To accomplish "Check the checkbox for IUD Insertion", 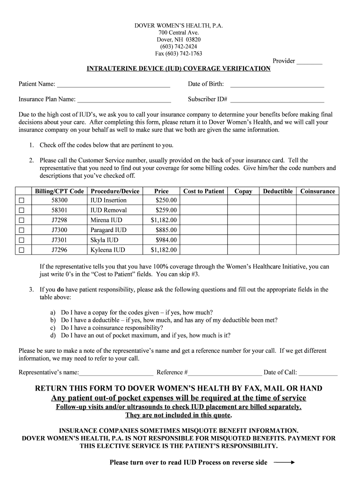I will [21, 201].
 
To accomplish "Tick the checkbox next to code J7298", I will [21, 220].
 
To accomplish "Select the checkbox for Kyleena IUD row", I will [21, 250].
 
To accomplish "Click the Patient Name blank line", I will [113, 85].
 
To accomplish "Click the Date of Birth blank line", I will [277, 85].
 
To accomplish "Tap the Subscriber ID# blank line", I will [277, 100].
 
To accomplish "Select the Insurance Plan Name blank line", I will [124, 100].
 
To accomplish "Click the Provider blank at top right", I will [310, 61].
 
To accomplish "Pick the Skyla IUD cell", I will [108, 240].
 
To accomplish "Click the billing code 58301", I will [59, 210].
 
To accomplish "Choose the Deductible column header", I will [278, 191].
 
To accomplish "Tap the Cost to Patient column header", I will [203, 191].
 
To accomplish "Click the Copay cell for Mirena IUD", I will [243, 220].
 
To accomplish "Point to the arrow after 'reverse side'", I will [284, 463].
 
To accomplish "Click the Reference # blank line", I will [225, 373].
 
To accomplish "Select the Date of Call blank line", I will [318, 373].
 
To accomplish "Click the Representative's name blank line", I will [116, 373].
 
